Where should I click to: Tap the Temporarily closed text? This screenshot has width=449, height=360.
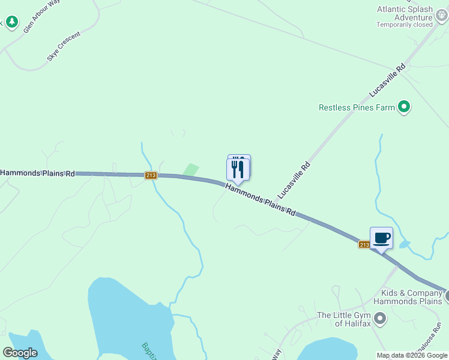click(405, 25)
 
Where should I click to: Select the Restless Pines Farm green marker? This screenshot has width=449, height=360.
click(404, 107)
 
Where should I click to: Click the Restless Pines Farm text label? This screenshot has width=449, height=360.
click(357, 108)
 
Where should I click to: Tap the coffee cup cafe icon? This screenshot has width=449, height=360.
click(381, 238)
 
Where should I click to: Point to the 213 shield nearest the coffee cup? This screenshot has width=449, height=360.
click(364, 244)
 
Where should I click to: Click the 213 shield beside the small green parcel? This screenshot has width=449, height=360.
click(151, 175)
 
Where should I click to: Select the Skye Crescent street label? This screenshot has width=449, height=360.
click(63, 47)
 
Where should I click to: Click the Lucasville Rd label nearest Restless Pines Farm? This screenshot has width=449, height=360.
click(388, 80)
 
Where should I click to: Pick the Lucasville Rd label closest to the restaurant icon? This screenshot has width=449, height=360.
click(294, 180)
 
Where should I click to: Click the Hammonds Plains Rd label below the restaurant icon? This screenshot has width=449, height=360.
click(261, 200)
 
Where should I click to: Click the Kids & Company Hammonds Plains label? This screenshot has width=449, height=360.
click(411, 297)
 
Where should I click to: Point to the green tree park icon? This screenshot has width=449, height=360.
click(12, 22)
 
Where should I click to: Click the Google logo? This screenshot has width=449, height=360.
click(20, 353)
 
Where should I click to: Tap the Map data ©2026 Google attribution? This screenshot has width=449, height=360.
click(412, 355)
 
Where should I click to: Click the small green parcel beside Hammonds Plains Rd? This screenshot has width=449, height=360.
click(190, 170)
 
